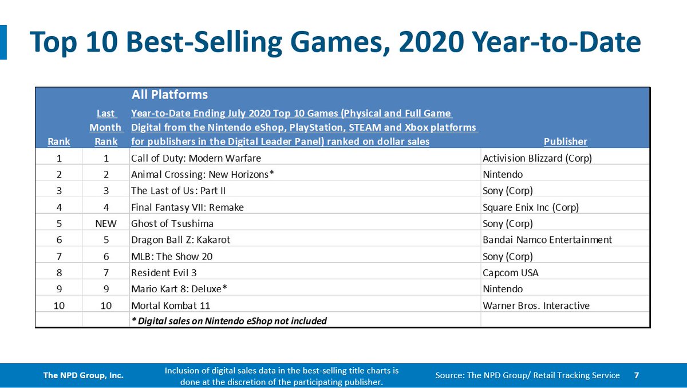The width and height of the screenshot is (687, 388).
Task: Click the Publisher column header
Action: (566, 142)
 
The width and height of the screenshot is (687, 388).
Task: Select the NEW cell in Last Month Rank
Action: (106, 224)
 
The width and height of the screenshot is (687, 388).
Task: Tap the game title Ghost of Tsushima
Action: (172, 224)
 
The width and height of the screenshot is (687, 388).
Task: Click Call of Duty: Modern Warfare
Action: (196, 158)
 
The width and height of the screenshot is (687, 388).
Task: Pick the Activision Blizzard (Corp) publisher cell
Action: (537, 158)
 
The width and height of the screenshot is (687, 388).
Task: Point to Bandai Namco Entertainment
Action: (547, 240)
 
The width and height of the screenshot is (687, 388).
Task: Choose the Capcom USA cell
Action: (510, 273)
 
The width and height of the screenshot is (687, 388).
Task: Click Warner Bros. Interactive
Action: (536, 305)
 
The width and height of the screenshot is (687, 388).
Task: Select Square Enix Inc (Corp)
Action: (531, 207)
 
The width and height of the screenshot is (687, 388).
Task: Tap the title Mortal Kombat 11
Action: (171, 305)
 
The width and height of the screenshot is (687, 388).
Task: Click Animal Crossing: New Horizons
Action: (203, 174)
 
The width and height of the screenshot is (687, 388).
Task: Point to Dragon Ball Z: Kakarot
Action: (181, 240)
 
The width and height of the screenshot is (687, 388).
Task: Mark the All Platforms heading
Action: (169, 95)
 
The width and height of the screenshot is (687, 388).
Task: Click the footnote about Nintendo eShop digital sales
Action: (229, 321)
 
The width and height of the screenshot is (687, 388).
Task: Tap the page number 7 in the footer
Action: (637, 375)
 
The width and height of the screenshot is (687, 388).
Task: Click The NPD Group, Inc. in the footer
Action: (83, 375)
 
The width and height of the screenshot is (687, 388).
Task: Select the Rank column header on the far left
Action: (59, 142)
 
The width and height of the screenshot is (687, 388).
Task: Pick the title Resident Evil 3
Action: (164, 273)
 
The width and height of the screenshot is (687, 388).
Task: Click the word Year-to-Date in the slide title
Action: (556, 42)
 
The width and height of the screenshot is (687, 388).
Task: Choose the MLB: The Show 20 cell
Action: (172, 256)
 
